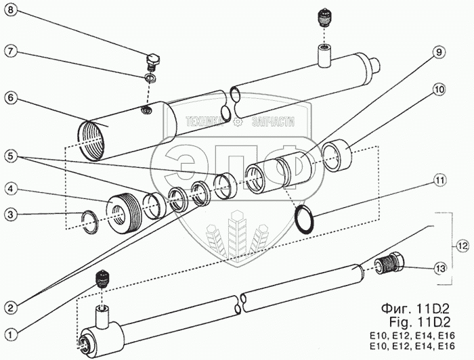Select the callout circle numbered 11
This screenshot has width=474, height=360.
(440, 181)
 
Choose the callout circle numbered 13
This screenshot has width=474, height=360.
(441, 269)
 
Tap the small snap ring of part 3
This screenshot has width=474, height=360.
(88, 218)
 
